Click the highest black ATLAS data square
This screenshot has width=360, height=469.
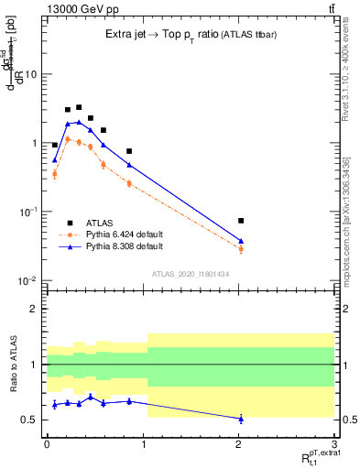click(79, 107)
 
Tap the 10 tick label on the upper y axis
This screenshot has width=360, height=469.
click(31, 74)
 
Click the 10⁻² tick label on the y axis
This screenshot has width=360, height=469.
click(27, 281)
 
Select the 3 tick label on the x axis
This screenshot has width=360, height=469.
click(334, 442)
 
